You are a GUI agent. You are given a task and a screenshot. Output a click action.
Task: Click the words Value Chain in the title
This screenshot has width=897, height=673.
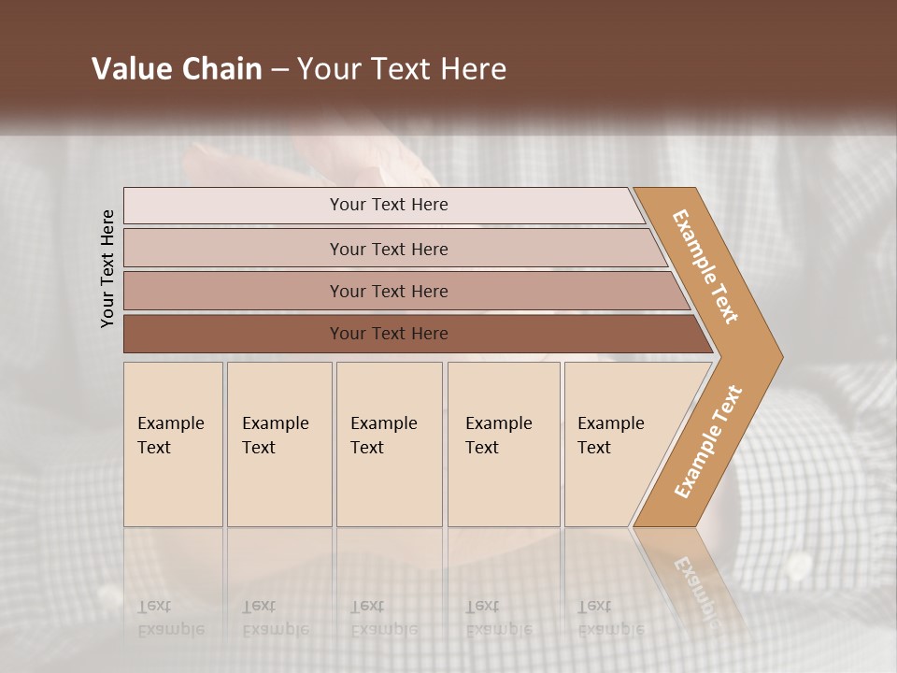coord(177,69)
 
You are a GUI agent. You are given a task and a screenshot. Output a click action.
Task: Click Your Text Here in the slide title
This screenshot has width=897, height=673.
coord(402,69)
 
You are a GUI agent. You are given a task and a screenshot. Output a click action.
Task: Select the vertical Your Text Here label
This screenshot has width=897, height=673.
coord(107,269)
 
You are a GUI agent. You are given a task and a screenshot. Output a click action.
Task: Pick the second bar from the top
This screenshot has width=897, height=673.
coord(388,249)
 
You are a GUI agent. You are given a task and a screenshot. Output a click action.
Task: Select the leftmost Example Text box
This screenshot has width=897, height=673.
coord(173,444)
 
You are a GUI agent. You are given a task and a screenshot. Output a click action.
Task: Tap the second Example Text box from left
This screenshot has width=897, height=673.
coord(278,444)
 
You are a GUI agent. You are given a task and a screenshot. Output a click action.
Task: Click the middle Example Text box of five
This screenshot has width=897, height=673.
coord(389,444)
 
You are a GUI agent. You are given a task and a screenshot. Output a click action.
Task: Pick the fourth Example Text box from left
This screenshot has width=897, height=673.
coord(504,444)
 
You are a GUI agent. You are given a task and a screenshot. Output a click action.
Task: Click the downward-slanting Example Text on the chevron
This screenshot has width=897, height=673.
coord(705,266)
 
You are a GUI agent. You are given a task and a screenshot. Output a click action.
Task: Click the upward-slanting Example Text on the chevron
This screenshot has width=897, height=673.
coord(708,441)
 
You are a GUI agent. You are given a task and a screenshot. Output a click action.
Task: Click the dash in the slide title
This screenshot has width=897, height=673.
coord(279,70)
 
